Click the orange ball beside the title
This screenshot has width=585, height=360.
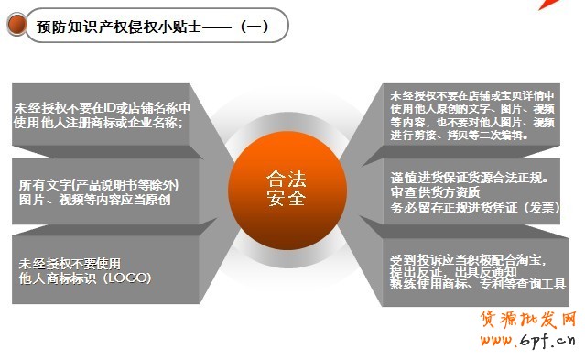pos(16,26)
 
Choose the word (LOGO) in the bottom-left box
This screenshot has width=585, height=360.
pos(129,277)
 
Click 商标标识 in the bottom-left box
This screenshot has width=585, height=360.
pos(73,277)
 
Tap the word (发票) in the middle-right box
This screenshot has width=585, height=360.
pos(538,207)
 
